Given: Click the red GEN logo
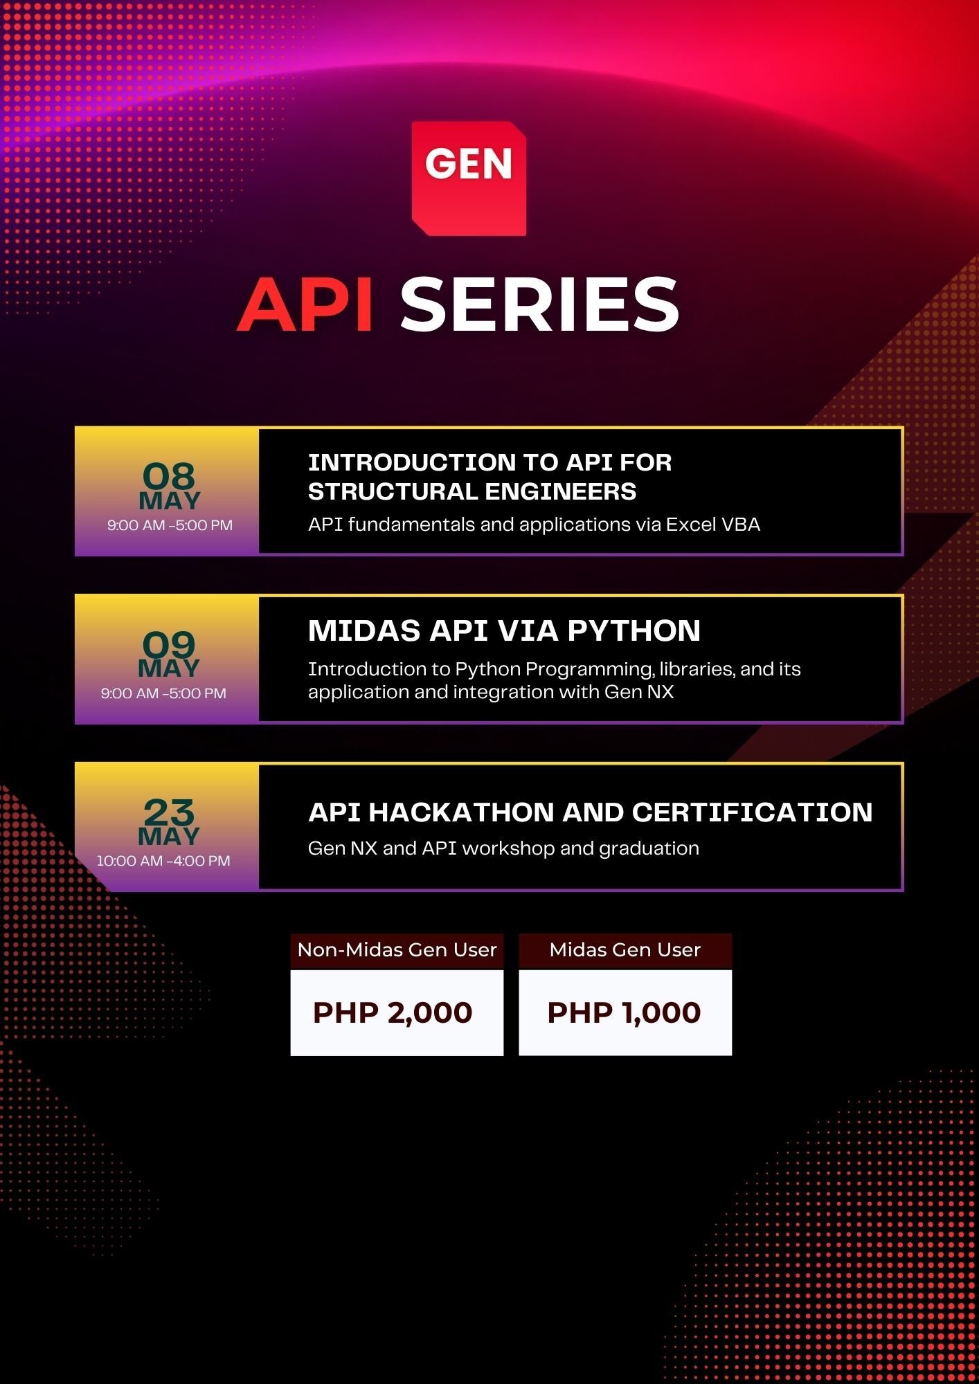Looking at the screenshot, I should [469, 179].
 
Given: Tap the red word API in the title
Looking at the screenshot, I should [306, 304].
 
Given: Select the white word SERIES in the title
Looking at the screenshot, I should [539, 304].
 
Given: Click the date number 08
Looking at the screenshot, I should [169, 476].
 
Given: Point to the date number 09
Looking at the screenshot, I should [169, 644].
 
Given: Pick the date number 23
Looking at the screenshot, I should [169, 812].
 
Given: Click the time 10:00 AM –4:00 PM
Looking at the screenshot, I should [163, 861].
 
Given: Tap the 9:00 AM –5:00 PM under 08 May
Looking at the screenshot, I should [170, 525].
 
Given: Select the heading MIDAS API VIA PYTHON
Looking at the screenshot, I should [504, 630].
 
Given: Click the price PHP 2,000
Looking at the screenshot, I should [393, 1012].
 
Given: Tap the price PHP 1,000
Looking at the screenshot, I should [624, 1012].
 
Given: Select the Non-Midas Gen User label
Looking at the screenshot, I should [397, 949].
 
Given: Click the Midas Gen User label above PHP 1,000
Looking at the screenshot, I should [625, 949].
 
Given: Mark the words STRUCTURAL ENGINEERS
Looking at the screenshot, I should [472, 491].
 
